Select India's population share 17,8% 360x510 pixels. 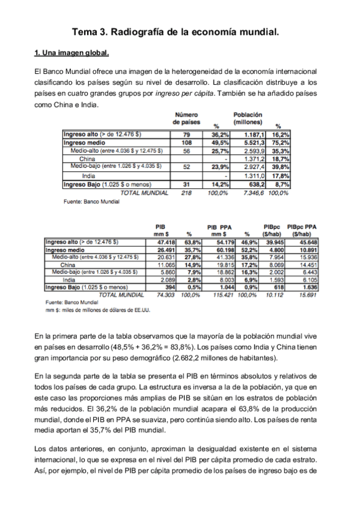tap(281, 175)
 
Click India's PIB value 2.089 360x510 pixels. tap(166, 279)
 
